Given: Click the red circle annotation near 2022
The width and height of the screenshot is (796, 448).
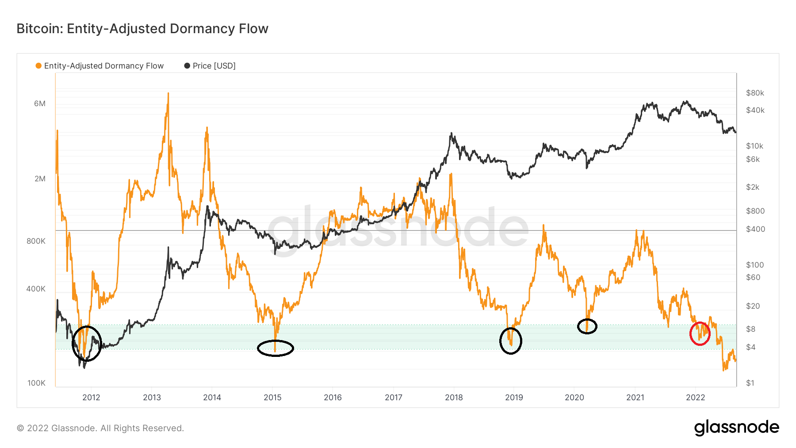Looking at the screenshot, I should (x=700, y=333).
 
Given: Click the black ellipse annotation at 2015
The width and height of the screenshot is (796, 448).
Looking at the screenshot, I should (x=275, y=348).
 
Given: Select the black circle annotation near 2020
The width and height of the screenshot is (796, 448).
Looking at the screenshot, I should (x=587, y=326).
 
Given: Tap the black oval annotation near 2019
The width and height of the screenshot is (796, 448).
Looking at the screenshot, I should (x=511, y=341).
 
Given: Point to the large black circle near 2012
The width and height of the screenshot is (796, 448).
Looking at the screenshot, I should (x=87, y=344).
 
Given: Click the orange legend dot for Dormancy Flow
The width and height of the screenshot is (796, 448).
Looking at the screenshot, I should (x=38, y=66).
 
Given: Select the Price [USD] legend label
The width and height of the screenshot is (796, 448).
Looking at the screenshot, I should (x=214, y=66).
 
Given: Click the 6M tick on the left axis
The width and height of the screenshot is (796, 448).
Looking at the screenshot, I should (x=40, y=103).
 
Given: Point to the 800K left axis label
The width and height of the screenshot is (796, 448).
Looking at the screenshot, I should (x=36, y=241).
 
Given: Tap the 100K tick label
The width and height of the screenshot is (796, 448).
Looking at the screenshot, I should (x=36, y=383).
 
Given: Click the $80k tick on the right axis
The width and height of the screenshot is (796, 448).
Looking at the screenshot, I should (x=755, y=93).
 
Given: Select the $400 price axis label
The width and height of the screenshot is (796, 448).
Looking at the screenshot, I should (x=755, y=229).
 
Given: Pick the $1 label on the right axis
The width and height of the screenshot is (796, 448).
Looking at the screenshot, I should (x=750, y=383).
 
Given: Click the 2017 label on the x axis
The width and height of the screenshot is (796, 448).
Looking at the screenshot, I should (x=393, y=397).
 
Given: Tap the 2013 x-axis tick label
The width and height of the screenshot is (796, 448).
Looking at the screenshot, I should (x=152, y=397).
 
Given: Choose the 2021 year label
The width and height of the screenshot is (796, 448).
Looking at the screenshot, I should (x=635, y=397).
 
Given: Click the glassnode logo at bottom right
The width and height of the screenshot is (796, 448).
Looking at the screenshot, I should (x=736, y=428).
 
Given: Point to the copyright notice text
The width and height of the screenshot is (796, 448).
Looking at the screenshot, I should (x=100, y=428).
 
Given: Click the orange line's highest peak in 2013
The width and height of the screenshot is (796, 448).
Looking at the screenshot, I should (x=168, y=93).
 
